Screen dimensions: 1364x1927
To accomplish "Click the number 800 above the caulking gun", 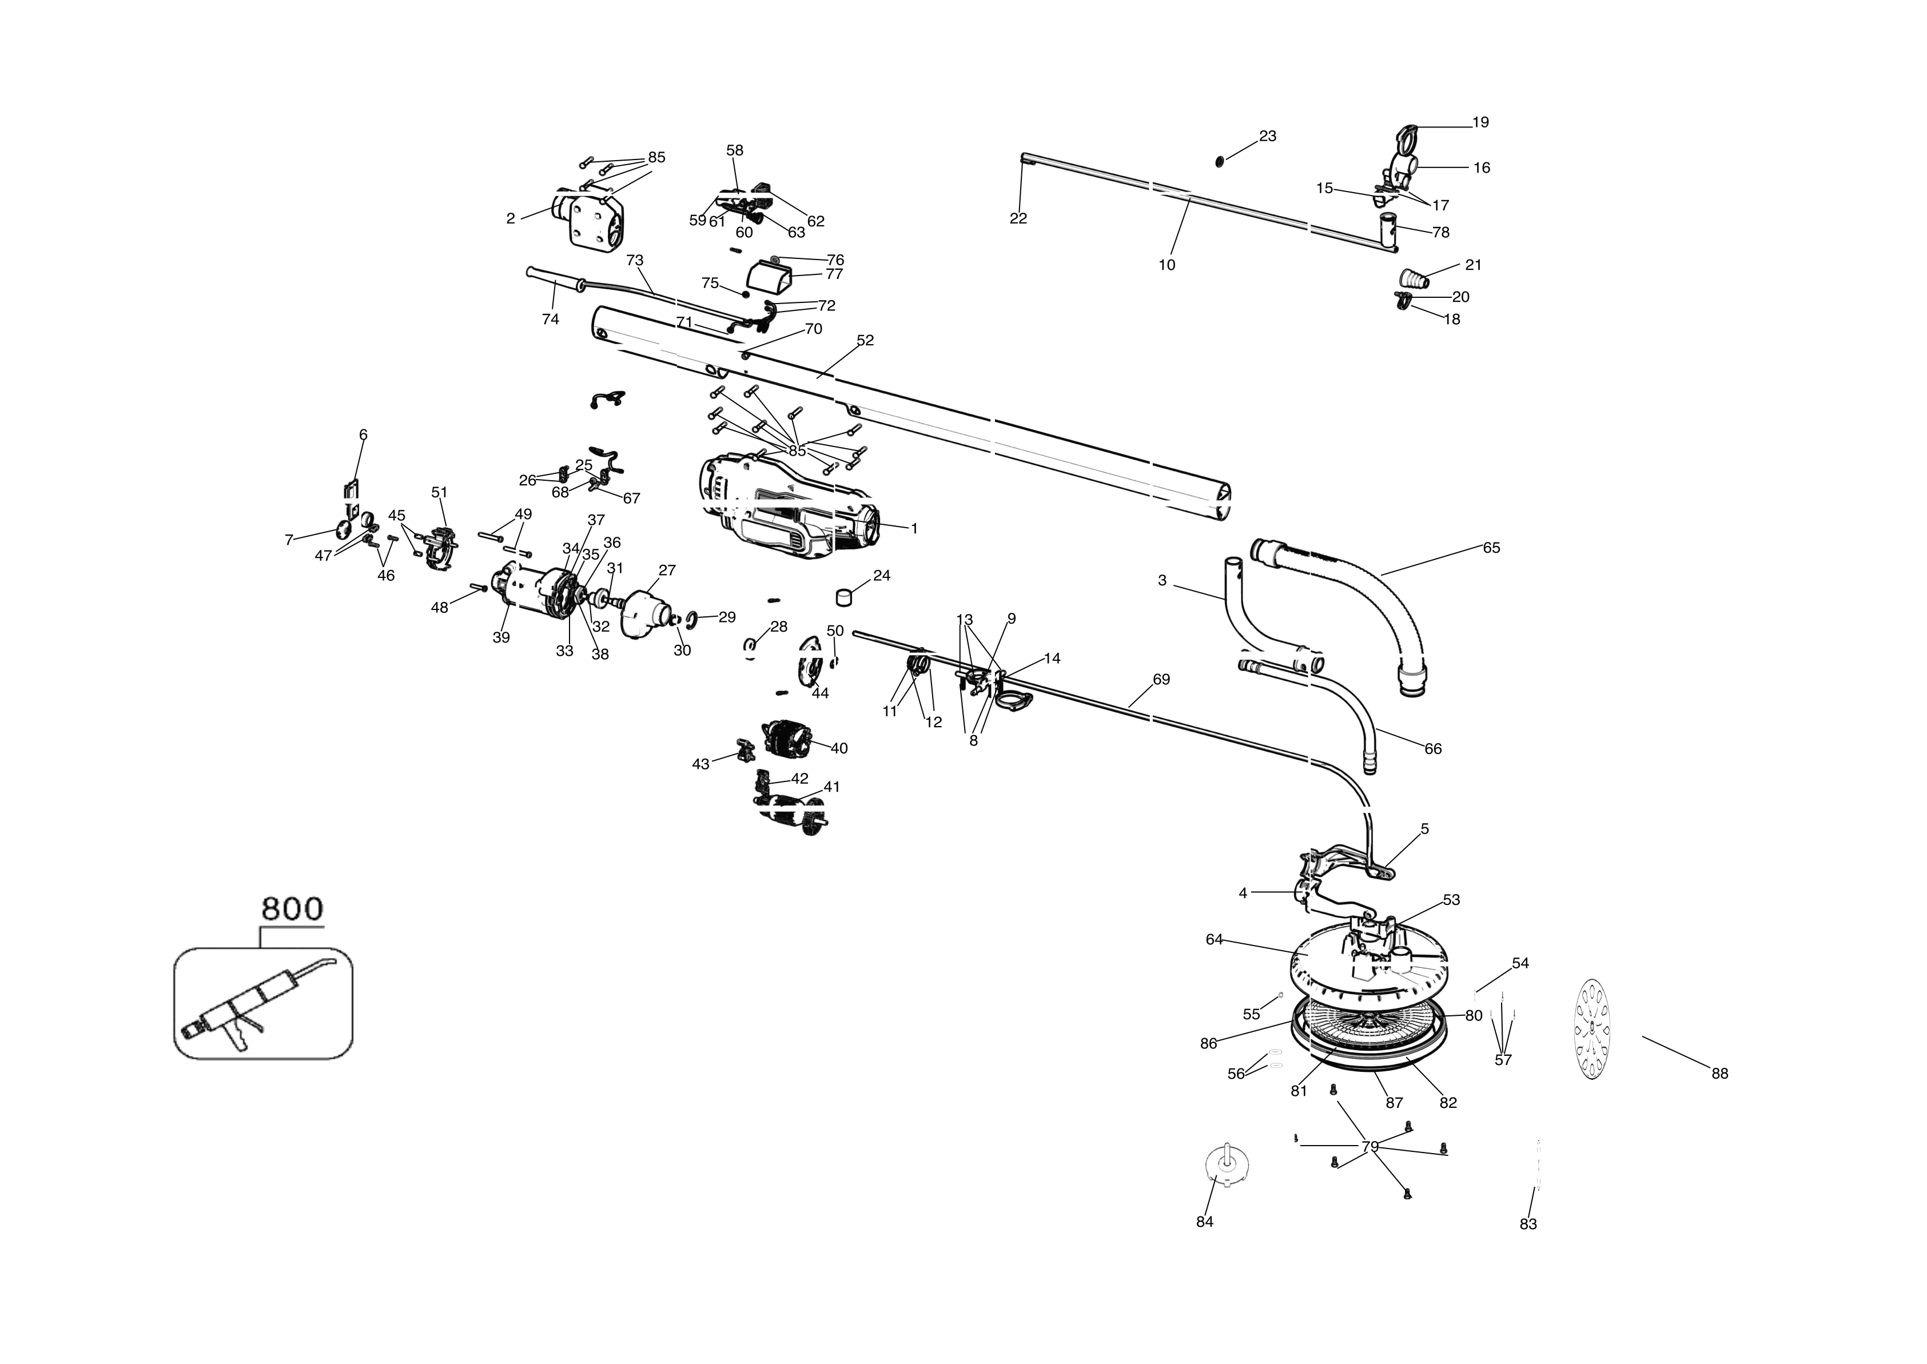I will tap(292, 909).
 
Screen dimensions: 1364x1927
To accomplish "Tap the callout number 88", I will tap(1719, 1074).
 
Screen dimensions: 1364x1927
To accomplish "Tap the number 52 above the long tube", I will tap(865, 340).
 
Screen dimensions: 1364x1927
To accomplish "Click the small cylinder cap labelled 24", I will tap(844, 597).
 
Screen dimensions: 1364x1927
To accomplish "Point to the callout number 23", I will tap(1267, 136).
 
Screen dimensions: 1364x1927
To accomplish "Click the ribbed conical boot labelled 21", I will tap(1414, 279).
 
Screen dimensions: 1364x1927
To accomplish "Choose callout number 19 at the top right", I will tap(1480, 123).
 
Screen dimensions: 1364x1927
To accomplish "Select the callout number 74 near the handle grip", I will tap(550, 319).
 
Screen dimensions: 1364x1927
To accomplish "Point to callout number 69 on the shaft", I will tap(1161, 679).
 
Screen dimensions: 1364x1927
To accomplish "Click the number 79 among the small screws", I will tap(1369, 1146).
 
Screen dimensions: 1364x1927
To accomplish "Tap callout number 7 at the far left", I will tap(289, 540).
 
